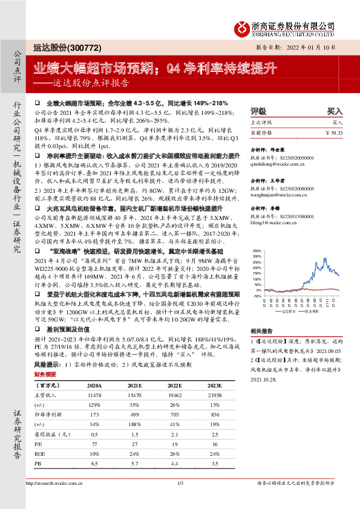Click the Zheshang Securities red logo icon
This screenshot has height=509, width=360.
coord(244,26)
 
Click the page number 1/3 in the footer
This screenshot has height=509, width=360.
coord(180,484)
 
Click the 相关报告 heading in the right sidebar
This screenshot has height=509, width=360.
coord(263,331)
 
